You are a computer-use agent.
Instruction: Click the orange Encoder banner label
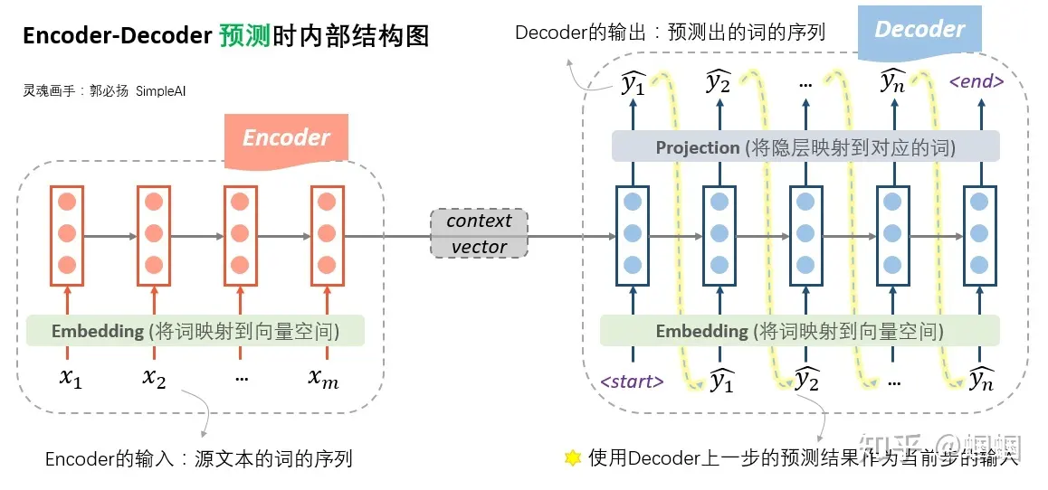coord(286,138)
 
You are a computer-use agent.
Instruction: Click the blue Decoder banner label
coord(919,29)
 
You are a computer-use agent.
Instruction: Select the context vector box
coord(479,233)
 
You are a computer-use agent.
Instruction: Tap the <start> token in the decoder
coord(632,382)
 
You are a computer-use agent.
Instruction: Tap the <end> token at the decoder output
coord(976,81)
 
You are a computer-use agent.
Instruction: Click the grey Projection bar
coord(805,147)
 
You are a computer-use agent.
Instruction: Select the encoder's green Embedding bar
coord(195,331)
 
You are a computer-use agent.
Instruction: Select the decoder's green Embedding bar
coord(799,331)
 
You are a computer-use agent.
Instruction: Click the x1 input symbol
coord(70,379)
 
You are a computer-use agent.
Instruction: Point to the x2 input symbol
coord(155,379)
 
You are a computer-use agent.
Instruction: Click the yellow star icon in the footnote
coord(572,458)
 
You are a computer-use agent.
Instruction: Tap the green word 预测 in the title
coord(243,36)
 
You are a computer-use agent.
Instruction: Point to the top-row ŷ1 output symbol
coord(633,84)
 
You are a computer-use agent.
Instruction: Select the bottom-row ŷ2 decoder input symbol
coord(806,380)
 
